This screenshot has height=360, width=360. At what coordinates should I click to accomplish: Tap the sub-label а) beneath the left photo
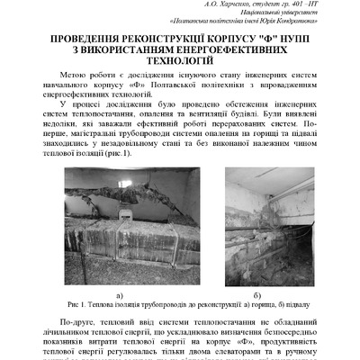[120, 293]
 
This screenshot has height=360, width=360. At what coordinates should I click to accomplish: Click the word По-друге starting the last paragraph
[78, 321]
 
